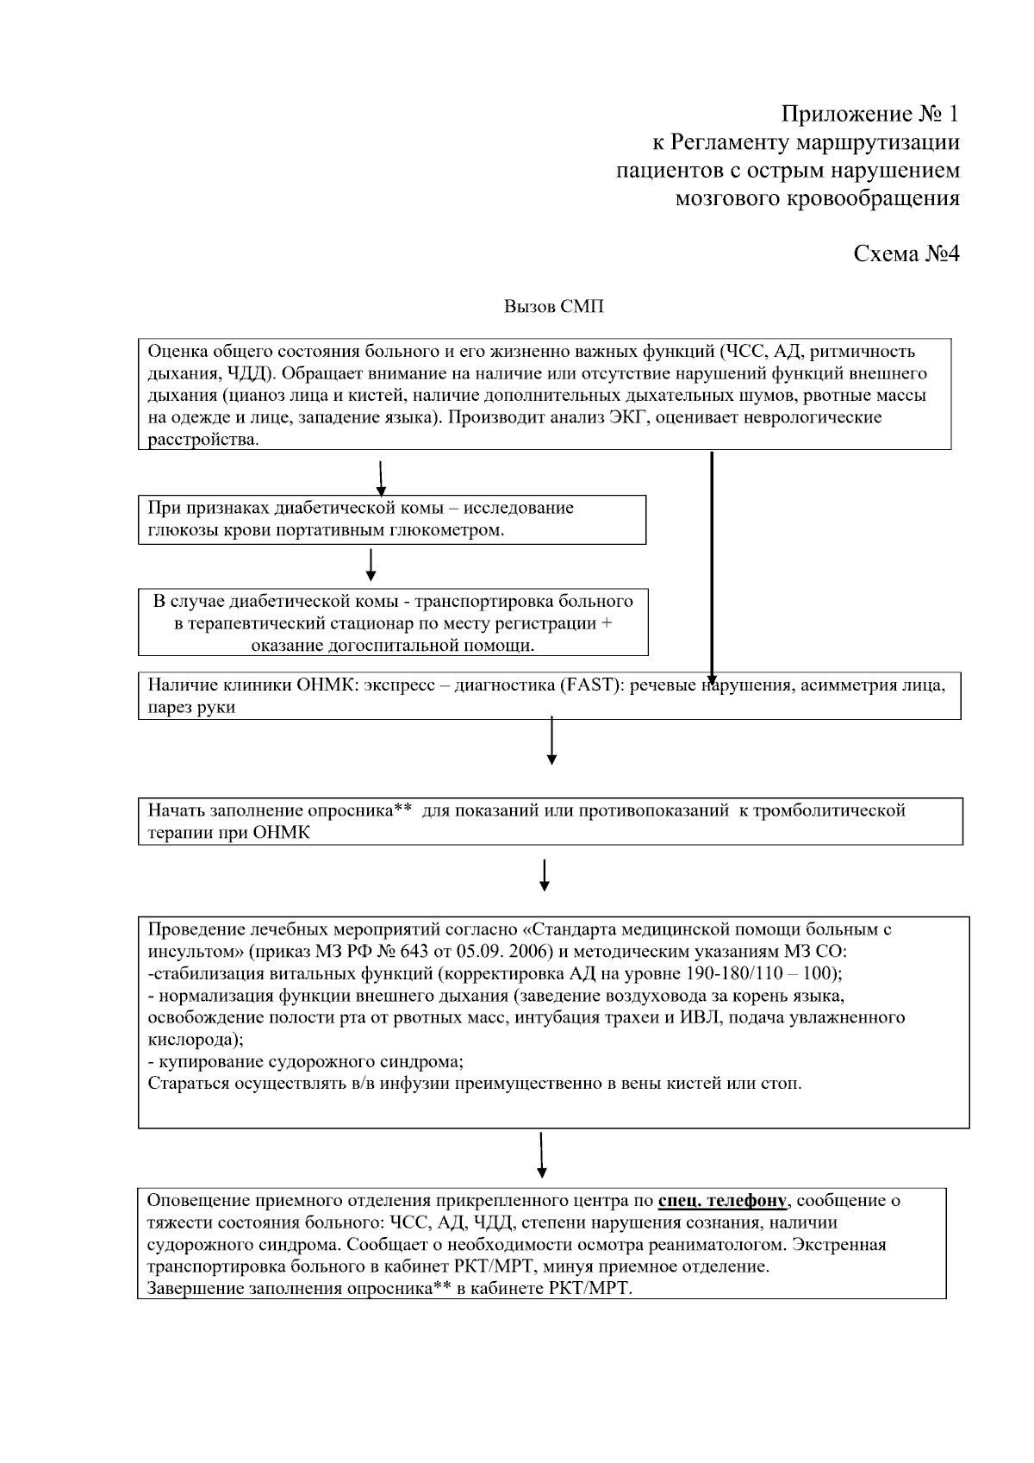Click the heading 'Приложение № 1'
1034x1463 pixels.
pos(869,114)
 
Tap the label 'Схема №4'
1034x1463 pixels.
pos(906,254)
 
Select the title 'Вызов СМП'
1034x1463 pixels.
pos(554,307)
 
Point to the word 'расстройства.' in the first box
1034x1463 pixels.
pos(203,440)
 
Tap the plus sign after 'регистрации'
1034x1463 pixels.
pos(607,622)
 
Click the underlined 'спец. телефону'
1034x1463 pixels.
pos(722,1201)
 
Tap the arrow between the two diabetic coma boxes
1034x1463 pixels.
pos(371,565)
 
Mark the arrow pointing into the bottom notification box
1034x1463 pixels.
pos(541,1155)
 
